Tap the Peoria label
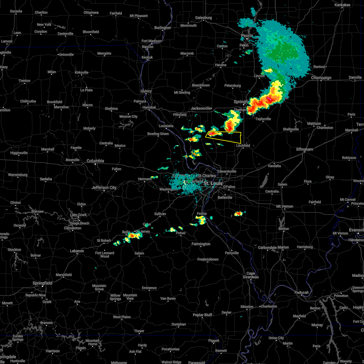click(x=247, y=35)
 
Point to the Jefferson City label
click(x=104, y=188)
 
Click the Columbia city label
click(x=95, y=161)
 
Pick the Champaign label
click(x=321, y=78)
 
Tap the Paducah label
click(x=302, y=293)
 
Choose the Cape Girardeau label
click(x=250, y=275)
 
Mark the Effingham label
click(x=305, y=150)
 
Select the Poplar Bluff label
click(x=202, y=315)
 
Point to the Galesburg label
click(x=203, y=18)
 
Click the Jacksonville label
click(x=201, y=109)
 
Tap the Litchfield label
click(x=243, y=146)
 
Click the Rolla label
click(x=126, y=232)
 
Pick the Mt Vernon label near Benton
click(x=285, y=207)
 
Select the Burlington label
click(x=163, y=28)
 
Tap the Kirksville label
click(x=82, y=73)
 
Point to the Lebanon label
click(x=77, y=251)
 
